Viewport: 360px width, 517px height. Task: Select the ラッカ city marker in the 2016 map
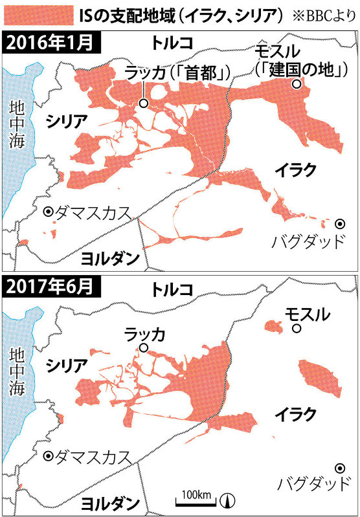(x=143, y=102)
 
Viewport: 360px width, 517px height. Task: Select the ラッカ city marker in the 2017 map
(x=143, y=348)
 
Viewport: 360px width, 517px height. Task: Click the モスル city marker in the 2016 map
(x=296, y=84)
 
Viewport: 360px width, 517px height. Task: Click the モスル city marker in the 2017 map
(x=296, y=329)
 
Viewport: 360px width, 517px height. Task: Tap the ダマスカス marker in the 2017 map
(x=48, y=456)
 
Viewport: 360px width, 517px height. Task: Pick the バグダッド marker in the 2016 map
(x=339, y=223)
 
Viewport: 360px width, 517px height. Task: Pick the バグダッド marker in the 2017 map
(x=339, y=468)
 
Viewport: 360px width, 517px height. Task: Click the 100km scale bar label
(x=196, y=495)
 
